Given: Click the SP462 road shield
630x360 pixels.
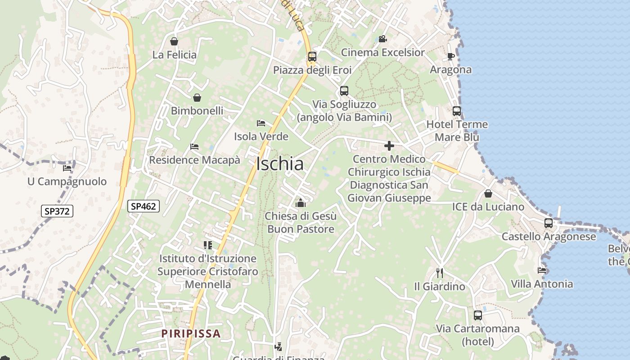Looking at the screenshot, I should (x=144, y=207).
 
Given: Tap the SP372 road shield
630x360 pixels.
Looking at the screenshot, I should (x=57, y=211).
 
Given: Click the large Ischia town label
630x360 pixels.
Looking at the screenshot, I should (x=279, y=164).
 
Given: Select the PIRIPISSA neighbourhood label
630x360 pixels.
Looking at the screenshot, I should (x=191, y=333).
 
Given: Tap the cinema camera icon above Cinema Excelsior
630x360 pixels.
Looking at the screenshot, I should (x=382, y=39).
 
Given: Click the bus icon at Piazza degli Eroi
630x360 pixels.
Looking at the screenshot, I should (x=312, y=57).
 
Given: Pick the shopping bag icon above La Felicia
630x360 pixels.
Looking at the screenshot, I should (x=174, y=42).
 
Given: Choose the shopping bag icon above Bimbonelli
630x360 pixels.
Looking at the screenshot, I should (x=197, y=98).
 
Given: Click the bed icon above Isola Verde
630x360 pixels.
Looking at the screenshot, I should (x=261, y=123).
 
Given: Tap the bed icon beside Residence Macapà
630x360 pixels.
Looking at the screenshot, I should (x=194, y=147).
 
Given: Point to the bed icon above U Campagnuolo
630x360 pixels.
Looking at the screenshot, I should (x=67, y=168).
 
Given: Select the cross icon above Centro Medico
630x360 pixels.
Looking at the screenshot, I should (x=389, y=146).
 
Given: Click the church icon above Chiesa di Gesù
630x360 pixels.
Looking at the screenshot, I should (x=301, y=203).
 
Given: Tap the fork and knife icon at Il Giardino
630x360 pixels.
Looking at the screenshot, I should (x=440, y=273).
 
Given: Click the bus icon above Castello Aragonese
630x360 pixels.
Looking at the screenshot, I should (x=549, y=223).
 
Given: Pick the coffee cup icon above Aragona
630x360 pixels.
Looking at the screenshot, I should (x=450, y=57).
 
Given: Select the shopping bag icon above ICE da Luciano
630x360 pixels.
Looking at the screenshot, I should (x=488, y=193).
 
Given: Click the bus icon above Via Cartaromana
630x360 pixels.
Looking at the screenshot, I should (x=478, y=315).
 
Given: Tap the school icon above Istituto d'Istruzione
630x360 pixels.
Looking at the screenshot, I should (x=207, y=245).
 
